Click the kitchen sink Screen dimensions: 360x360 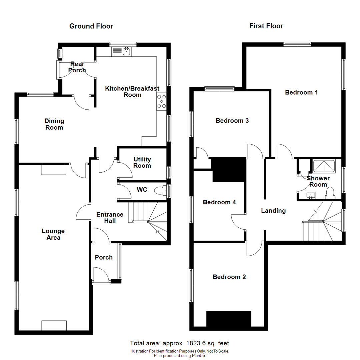pyautogui.click(x=122, y=51)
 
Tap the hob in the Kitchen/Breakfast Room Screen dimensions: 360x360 pyautogui.click(x=162, y=101)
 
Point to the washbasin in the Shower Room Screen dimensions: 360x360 pyautogui.click(x=311, y=195)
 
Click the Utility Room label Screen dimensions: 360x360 pyautogui.click(x=142, y=162)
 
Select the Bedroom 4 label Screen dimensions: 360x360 pyautogui.click(x=219, y=202)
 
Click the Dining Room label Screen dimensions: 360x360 pyautogui.click(x=54, y=124)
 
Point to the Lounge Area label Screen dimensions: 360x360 pyautogui.click(x=53, y=234)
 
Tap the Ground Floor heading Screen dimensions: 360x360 pyautogui.click(x=91, y=26)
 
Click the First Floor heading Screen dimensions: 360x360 pyautogui.click(x=266, y=26)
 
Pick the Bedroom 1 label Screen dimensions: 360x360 pyautogui.click(x=301, y=92)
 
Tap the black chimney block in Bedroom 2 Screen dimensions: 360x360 pyautogui.click(x=228, y=319)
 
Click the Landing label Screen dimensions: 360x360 pyautogui.click(x=273, y=210)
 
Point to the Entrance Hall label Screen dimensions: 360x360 pyautogui.click(x=110, y=217)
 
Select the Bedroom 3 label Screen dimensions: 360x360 pyautogui.click(x=232, y=120)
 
